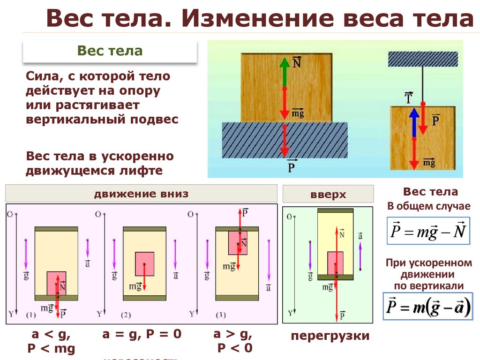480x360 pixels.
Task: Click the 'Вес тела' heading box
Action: click(110, 51)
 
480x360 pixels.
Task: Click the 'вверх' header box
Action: click(328, 194)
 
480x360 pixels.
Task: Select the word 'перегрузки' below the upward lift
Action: click(330, 336)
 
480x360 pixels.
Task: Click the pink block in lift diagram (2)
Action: click(144, 264)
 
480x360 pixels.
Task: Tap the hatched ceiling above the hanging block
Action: click(423, 59)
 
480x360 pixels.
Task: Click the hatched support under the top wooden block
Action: click(285, 140)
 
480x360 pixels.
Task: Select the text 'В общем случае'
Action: click(428, 206)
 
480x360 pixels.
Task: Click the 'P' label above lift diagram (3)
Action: click(245, 212)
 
